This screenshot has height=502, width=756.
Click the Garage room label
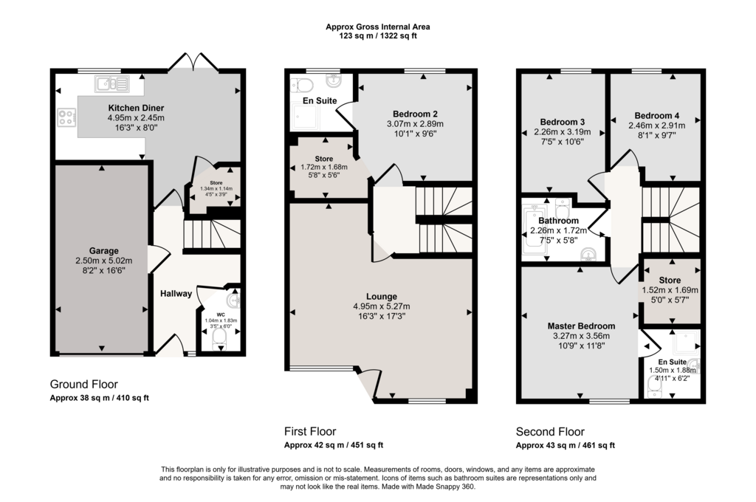[103, 251]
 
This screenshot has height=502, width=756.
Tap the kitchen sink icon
[112, 84]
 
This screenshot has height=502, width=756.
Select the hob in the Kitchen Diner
[67, 117]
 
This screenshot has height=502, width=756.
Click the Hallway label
[176, 293]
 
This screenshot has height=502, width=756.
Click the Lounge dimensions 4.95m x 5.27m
[382, 306]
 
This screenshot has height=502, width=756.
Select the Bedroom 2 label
[415, 114]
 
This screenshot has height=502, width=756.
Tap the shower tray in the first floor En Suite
[305, 117]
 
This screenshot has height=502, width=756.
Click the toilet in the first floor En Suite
[302, 85]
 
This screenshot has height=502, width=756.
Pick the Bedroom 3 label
[562, 122]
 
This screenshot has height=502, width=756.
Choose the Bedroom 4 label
[656, 116]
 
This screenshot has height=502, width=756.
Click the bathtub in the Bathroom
[535, 230]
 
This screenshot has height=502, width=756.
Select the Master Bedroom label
[581, 326]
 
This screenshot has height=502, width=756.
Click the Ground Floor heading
[84, 385]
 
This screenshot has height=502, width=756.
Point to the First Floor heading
[310, 432]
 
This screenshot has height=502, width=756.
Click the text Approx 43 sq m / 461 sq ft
[566, 446]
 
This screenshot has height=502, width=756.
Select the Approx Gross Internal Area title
[378, 27]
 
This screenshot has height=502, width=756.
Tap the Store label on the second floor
[670, 281]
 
